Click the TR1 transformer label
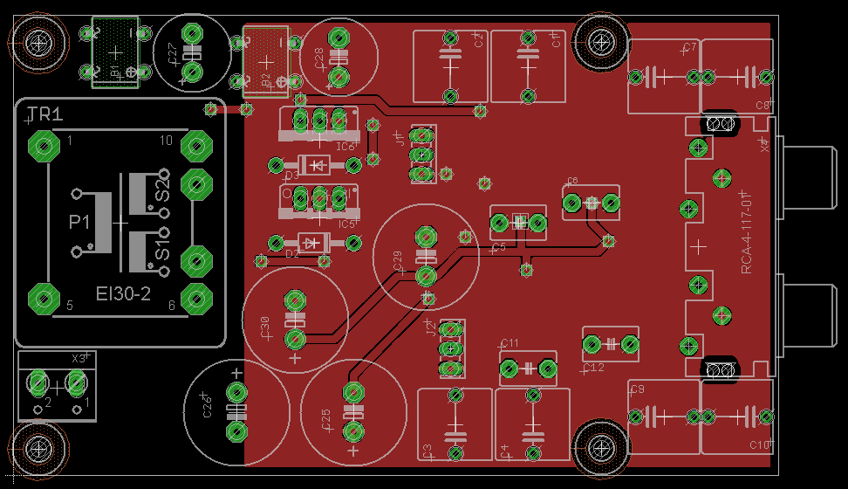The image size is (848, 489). (x=44, y=114)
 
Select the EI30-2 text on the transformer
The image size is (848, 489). (x=122, y=294)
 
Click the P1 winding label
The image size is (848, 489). (x=79, y=224)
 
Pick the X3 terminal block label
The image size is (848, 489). (x=79, y=358)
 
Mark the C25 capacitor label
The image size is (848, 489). (x=325, y=424)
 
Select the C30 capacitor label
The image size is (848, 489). (x=265, y=327)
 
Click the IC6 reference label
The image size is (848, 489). (x=346, y=146)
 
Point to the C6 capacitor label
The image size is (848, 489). (x=572, y=182)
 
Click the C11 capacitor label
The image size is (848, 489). (x=510, y=343)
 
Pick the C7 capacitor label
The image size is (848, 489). (x=689, y=47)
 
